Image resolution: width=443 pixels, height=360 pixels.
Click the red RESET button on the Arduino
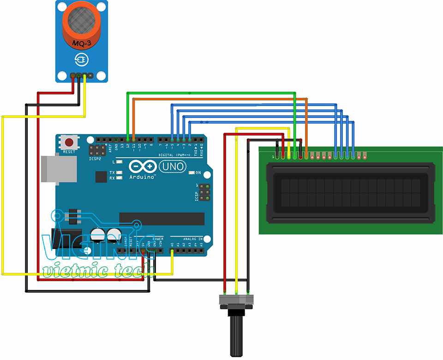pyautogui.click(x=69, y=142)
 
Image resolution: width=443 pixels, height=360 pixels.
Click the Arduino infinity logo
pyautogui.click(x=142, y=166)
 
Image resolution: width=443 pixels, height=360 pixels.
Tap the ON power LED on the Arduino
pyautogui.click(x=192, y=173)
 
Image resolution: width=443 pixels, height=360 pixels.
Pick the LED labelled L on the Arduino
pyautogui.click(x=119, y=162)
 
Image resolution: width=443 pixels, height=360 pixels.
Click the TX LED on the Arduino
pyautogui.click(x=119, y=172)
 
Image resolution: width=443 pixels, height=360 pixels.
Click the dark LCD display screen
pyautogui.click(x=351, y=193)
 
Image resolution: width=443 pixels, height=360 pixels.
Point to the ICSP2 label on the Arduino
pyautogui.click(x=95, y=158)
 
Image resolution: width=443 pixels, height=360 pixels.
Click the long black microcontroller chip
pyautogui.click(x=162, y=219)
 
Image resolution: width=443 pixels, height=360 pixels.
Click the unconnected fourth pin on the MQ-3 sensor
pyautogui.click(x=90, y=75)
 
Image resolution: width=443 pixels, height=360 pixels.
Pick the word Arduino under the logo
pyautogui.click(x=142, y=177)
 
